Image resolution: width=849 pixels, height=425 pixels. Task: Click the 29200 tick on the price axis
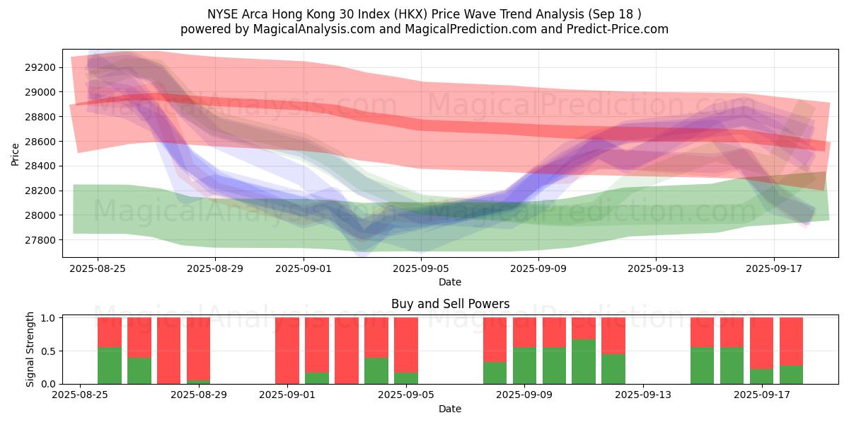41,67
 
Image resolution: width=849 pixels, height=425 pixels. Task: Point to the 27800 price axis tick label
41,240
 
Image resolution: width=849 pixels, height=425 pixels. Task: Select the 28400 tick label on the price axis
41,166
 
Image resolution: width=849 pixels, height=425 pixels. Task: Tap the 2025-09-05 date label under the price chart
421,268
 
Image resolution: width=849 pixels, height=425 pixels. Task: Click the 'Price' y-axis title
15,153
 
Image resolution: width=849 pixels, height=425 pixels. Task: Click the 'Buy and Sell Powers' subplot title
450,304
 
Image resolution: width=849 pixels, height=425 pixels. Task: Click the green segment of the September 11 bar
584,362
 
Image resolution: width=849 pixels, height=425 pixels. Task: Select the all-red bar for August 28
168,351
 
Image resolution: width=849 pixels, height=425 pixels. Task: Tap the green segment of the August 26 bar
109,365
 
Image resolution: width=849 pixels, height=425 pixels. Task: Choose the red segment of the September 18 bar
791,341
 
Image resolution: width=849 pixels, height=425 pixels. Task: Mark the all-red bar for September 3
346,351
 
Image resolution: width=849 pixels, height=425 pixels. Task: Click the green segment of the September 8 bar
495,373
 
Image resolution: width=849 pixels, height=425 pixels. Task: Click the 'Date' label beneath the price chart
450,282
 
